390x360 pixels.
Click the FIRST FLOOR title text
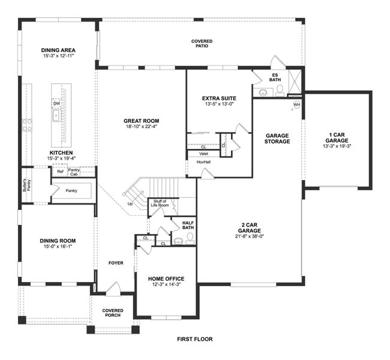[194, 339]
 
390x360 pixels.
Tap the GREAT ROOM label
[142, 120]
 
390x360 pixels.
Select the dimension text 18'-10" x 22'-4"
[142, 127]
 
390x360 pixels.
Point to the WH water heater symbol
[296, 105]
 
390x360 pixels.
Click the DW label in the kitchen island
[56, 103]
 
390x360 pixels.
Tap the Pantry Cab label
[74, 172]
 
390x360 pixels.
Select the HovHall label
[203, 161]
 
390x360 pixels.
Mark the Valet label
[204, 154]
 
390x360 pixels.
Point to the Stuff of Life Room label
[160, 203]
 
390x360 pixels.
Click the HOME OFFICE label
[166, 278]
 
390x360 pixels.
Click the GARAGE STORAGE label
[278, 138]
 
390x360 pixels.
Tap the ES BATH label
[275, 77]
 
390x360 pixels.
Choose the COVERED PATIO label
[202, 43]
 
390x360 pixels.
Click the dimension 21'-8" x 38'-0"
[249, 236]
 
